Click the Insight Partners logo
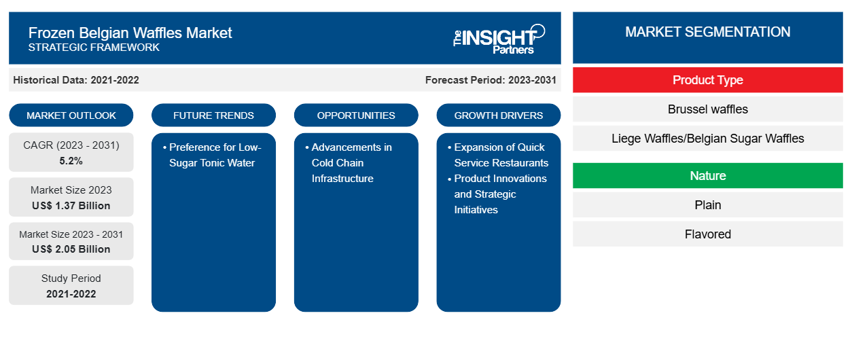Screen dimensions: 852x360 click(x=499, y=39)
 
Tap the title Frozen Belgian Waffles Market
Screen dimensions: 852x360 click(x=130, y=33)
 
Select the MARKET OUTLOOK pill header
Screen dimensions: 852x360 click(x=71, y=115)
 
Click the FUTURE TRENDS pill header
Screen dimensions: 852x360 click(x=213, y=115)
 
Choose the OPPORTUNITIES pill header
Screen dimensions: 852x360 click(x=356, y=115)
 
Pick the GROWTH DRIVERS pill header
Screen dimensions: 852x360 click(x=498, y=115)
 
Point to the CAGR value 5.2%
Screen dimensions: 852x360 click(x=71, y=161)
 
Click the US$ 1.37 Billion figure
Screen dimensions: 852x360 click(x=71, y=206)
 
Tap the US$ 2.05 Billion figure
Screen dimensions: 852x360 click(x=71, y=249)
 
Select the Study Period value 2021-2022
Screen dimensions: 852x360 click(x=71, y=294)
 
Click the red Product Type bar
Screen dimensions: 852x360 click(x=708, y=80)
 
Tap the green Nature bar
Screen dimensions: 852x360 click(x=708, y=176)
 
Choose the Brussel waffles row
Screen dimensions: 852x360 click(x=708, y=109)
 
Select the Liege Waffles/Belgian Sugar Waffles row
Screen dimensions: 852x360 click(x=708, y=139)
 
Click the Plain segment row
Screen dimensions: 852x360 click(x=708, y=205)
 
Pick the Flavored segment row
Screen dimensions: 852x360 click(x=708, y=234)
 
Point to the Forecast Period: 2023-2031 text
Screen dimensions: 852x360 click(x=491, y=80)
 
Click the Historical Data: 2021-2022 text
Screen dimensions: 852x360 click(x=76, y=80)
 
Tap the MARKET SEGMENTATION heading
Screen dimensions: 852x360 click(x=708, y=32)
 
